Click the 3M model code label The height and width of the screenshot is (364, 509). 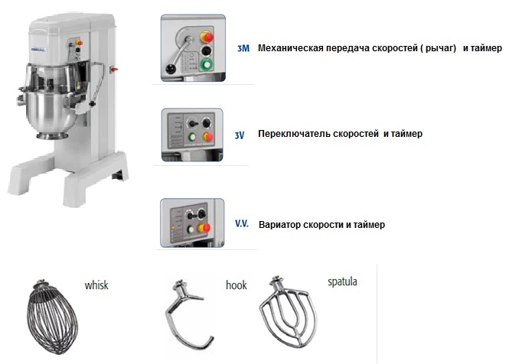coord(243,48)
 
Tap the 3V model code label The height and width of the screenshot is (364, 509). coord(240,135)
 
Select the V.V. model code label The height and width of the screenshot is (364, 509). coord(242,223)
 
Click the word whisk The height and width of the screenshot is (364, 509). coord(96,285)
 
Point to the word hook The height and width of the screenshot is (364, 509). coord(237,285)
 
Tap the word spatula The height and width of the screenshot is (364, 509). coord(342,281)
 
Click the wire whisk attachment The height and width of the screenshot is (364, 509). coord(52,318)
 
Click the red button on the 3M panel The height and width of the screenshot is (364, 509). coord(207,37)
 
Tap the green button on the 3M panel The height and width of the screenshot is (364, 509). coord(206,64)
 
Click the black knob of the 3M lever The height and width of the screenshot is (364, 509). coord(169,69)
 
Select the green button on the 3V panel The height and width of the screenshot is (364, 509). coord(192,137)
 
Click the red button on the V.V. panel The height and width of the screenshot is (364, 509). coord(205,228)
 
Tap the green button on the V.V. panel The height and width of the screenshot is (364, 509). coord(191,229)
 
